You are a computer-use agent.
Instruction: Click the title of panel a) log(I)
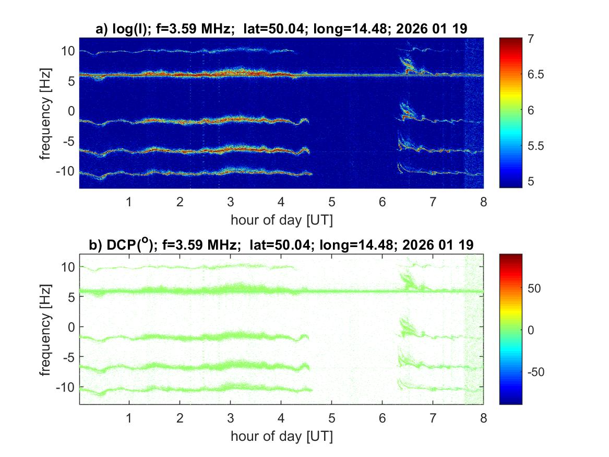tap(281, 30)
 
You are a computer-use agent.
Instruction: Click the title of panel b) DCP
tap(281, 246)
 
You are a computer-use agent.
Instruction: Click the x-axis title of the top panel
tap(281, 220)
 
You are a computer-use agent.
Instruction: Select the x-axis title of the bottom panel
tap(281, 436)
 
